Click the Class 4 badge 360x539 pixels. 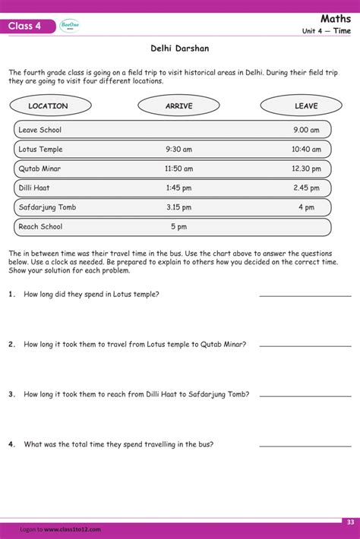pos(28,27)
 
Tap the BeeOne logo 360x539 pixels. pos(70,26)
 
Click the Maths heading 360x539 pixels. pos(335,17)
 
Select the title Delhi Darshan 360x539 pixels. pos(179,49)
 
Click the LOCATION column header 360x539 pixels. pos(49,106)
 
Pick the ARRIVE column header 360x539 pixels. pos(179,106)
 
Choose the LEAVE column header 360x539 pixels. pos(306,106)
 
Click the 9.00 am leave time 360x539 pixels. pos(306,130)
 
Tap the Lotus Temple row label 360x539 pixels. pos(40,150)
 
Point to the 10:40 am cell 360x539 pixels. pos(306,150)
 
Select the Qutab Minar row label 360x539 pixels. pos(39,169)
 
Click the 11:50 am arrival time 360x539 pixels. pos(179,169)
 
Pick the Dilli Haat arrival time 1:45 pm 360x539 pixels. pos(179,188)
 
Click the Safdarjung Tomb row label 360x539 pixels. pos(47,207)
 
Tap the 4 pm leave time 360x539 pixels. pos(306,207)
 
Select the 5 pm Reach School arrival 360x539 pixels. pos(178,226)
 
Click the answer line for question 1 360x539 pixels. pos(305,295)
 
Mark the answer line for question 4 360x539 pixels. pos(305,446)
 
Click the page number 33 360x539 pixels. pos(350,522)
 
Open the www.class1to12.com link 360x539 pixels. pos(72,529)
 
